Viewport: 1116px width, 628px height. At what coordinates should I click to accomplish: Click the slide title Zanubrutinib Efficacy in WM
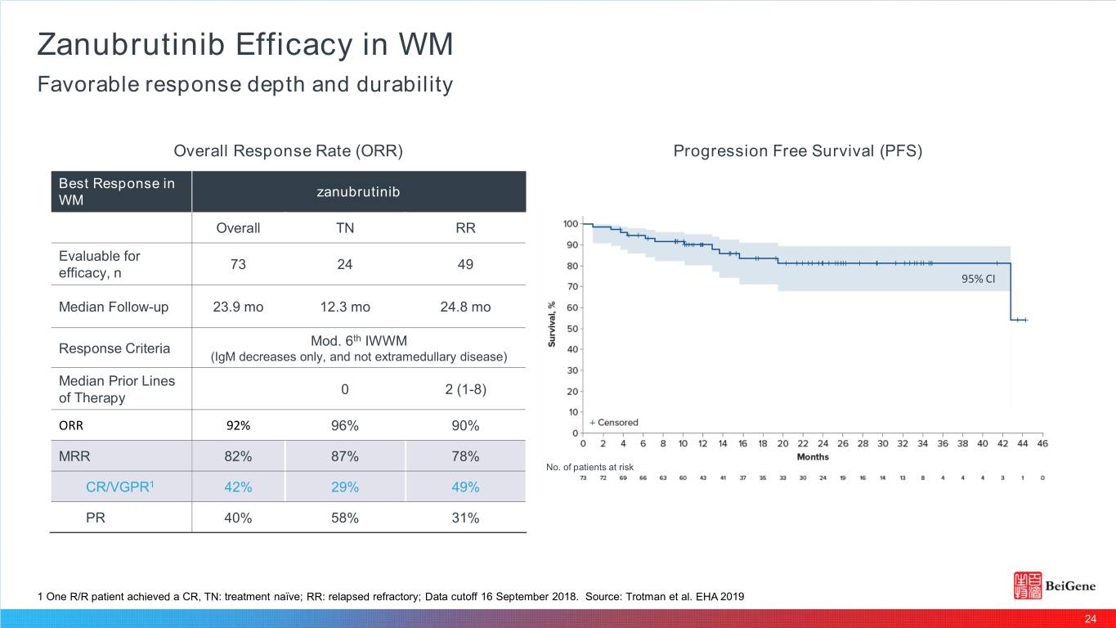(244, 45)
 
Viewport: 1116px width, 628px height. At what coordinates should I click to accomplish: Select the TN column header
(345, 228)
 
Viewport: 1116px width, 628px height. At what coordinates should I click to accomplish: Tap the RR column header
(465, 228)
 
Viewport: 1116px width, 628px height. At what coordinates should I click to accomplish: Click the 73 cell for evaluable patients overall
(238, 264)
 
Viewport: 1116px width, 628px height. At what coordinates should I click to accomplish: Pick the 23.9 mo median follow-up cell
(238, 307)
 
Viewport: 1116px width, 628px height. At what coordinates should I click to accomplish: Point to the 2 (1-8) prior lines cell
(465, 389)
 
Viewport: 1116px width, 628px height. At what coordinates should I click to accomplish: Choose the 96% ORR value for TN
(345, 426)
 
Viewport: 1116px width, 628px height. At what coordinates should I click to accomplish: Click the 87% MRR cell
(345, 456)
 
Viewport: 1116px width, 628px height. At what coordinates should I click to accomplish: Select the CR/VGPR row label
(121, 487)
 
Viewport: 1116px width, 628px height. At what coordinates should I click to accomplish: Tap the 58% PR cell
(345, 518)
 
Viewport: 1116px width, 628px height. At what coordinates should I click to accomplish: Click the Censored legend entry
(614, 423)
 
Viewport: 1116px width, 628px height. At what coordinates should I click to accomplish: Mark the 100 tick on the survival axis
(571, 224)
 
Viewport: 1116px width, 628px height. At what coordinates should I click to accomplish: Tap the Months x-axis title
(813, 456)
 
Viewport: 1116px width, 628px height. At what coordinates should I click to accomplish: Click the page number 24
(1090, 618)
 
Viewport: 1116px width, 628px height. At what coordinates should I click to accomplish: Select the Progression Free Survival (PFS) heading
(797, 151)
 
